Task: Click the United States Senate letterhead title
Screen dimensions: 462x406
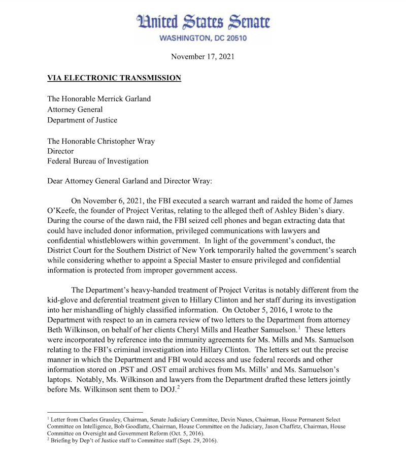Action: pos(203,22)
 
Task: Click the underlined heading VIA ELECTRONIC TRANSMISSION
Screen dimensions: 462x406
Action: pos(114,78)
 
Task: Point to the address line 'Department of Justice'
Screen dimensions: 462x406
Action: pos(82,120)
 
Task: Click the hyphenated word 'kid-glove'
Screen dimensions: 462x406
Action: pos(63,300)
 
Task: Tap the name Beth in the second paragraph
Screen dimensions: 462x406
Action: pos(55,329)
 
